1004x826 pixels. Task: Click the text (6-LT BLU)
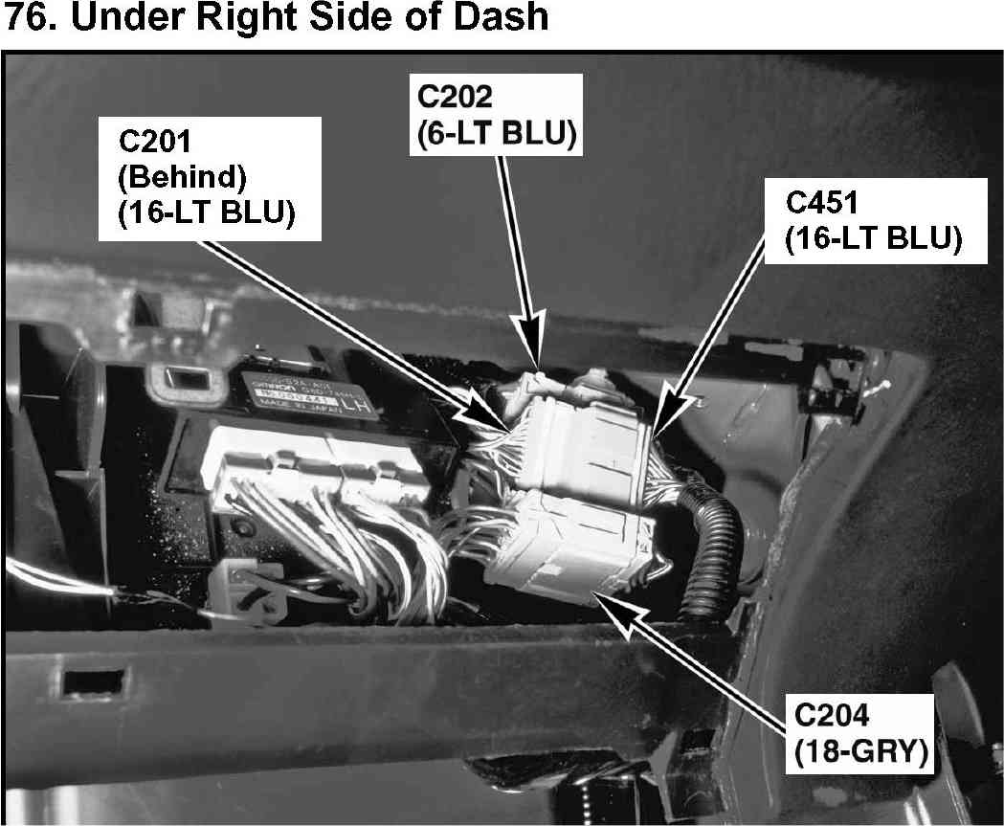pos(496,134)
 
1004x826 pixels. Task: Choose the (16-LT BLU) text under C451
pos(871,239)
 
